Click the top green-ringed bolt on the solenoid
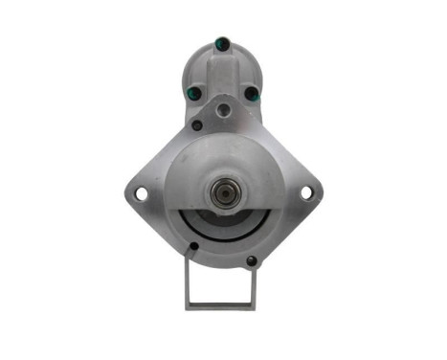click(x=223, y=41)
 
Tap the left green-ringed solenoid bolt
click(x=193, y=94)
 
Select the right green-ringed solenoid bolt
click(x=254, y=94)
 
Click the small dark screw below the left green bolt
click(x=197, y=124)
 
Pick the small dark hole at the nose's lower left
click(x=194, y=247)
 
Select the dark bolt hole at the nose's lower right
click(x=252, y=259)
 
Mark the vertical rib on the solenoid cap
click(x=224, y=67)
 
